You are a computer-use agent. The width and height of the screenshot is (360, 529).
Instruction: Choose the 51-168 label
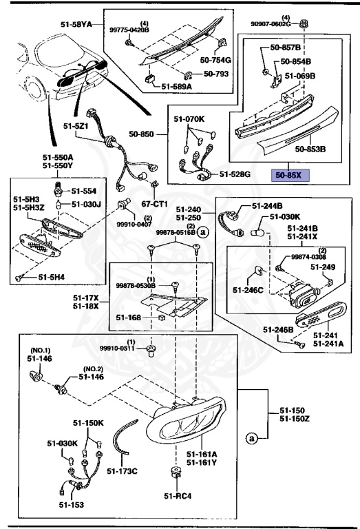point(129,318)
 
